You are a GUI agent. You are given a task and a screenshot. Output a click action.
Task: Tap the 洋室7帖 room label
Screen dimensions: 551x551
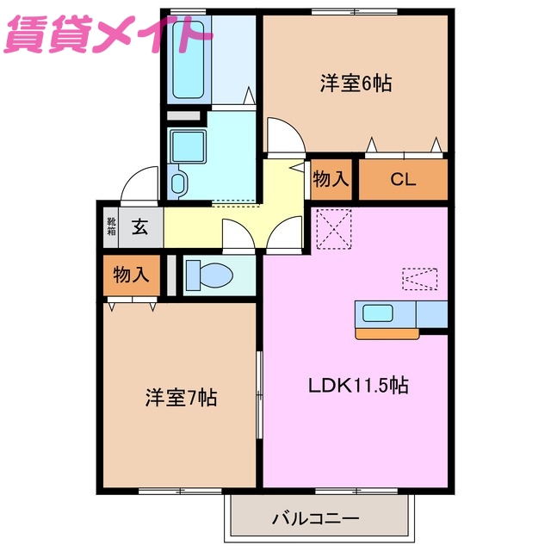[181, 398]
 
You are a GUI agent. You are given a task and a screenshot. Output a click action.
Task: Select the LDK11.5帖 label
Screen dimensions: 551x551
[358, 385]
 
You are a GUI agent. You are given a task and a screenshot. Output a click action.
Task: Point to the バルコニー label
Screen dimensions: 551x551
[315, 519]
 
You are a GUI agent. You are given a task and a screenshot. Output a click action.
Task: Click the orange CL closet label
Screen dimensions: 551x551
[402, 180]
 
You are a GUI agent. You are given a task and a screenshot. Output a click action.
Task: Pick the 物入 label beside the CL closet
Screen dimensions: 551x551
[331, 180]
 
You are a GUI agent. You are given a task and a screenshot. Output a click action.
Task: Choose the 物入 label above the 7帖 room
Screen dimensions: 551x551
[132, 275]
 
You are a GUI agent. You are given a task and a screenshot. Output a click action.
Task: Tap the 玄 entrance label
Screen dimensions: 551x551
[139, 228]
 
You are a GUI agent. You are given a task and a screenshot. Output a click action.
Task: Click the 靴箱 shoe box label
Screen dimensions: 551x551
[111, 227]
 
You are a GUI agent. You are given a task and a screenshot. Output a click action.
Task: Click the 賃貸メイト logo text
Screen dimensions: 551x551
[108, 35]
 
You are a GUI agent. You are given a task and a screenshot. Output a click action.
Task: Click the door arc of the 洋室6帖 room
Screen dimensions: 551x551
[282, 136]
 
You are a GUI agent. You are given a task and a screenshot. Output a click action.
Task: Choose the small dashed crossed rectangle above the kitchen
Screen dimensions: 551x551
[419, 279]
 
